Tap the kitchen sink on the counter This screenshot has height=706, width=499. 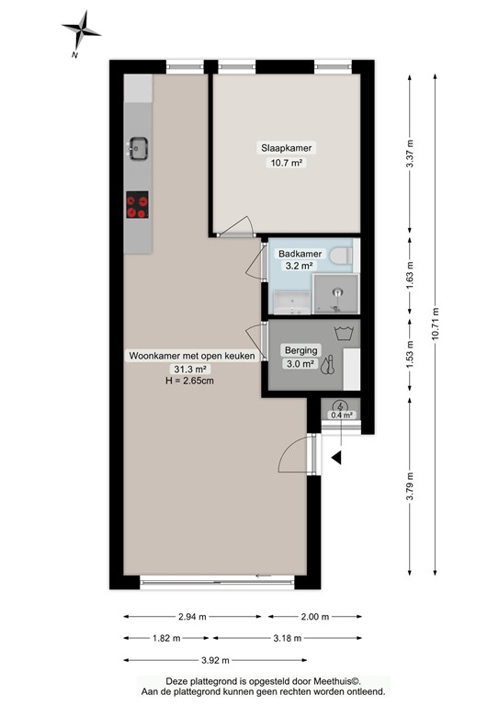[x=139, y=147]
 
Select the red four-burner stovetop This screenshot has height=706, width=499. [x=138, y=206]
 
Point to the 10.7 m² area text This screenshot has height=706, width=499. [x=285, y=163]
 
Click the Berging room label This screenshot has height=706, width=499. [x=301, y=350]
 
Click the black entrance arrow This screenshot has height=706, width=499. [x=337, y=457]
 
